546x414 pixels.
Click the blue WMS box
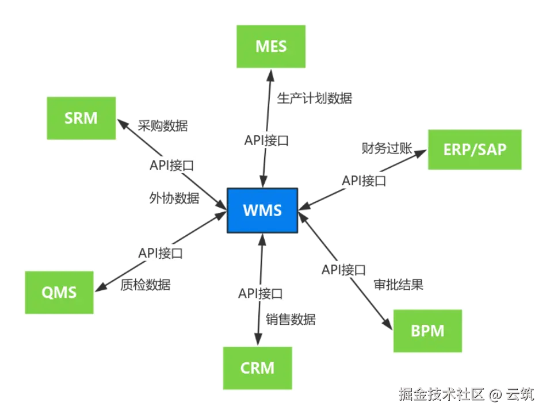(x=262, y=210)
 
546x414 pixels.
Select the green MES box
(x=270, y=47)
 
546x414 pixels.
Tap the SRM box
(x=81, y=118)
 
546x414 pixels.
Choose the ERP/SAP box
(x=475, y=149)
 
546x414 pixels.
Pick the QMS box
(x=59, y=292)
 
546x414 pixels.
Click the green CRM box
(x=257, y=367)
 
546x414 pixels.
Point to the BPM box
(x=427, y=331)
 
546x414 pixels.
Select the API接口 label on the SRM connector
(x=171, y=166)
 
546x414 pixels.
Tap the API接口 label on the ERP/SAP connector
(x=364, y=181)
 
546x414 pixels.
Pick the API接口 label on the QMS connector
(x=161, y=252)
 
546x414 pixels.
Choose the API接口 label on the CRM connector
(x=261, y=294)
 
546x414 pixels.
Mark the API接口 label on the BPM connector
(x=343, y=269)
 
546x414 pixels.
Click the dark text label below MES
(x=315, y=98)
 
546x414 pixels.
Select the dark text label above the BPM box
(x=398, y=284)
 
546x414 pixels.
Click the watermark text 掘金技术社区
(x=440, y=394)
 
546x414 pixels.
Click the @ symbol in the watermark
(x=495, y=394)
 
